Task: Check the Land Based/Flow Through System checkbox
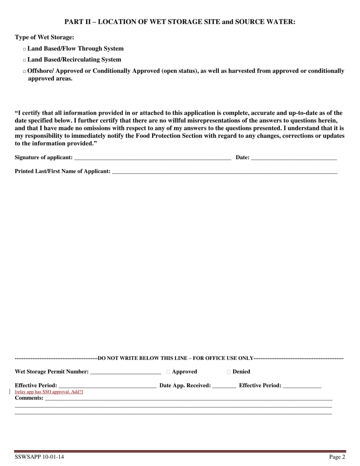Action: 25,49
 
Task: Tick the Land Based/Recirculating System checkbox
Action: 25,60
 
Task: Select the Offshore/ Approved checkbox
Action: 25,72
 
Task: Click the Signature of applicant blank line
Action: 152,158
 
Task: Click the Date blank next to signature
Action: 294,158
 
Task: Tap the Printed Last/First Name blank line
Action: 225,172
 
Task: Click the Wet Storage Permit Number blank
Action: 126,372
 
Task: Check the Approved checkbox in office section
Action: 168,372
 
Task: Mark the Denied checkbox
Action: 229,372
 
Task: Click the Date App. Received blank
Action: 224,386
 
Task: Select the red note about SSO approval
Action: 49,392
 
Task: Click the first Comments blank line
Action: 188,398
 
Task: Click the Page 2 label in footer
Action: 337,457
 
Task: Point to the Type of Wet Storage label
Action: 44,38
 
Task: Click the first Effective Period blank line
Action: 107,386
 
